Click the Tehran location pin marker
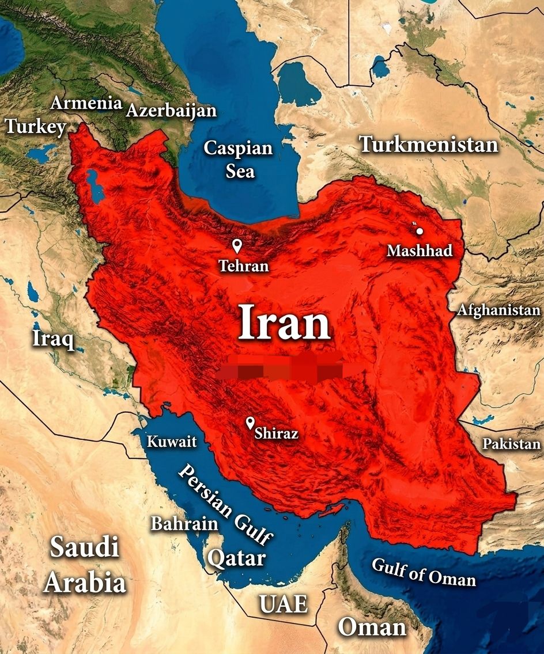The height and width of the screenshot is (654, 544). tap(236, 246)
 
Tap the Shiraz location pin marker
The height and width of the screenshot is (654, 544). tap(250, 423)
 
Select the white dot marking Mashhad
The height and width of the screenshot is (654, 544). tap(420, 231)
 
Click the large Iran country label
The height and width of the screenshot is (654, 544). tap(284, 323)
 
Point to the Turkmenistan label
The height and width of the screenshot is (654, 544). tap(429, 144)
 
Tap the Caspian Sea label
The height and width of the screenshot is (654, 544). tap(238, 159)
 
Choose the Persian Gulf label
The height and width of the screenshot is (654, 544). tap(225, 505)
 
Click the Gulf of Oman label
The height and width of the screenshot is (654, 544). tap(424, 572)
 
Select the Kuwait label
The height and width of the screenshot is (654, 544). tap(172, 442)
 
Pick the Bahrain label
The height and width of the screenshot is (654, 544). tap(184, 524)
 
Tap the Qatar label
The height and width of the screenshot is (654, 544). tap(236, 557)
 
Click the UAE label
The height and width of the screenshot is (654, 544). tap(283, 604)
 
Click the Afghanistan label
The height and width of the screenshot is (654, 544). tap(498, 310)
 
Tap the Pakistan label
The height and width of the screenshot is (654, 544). tap(511, 444)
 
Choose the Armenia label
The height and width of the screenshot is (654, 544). tap(86, 103)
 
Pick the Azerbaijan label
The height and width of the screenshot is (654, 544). tap(171, 111)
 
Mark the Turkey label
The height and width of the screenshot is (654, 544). tap(36, 126)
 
